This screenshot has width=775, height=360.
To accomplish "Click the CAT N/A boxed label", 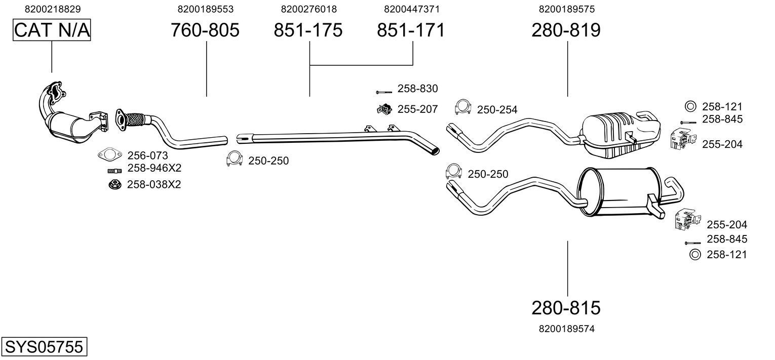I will [x=52, y=30].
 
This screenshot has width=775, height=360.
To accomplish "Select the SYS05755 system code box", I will [x=44, y=347].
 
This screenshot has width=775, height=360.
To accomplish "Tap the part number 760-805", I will [x=205, y=30].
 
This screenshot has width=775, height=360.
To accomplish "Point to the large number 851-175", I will [x=308, y=30].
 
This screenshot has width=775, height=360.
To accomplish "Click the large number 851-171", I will [x=411, y=30].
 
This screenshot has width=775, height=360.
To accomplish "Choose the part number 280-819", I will [x=566, y=30].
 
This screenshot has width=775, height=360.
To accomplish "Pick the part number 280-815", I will [x=566, y=307].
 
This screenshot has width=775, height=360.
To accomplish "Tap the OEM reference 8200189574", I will [x=566, y=329].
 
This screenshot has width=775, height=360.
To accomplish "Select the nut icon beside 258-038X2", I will [x=114, y=184].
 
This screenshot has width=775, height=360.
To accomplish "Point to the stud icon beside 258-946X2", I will [x=114, y=170].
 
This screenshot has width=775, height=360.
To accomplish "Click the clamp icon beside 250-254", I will [x=462, y=106].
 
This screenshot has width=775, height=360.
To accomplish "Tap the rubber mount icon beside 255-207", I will [x=384, y=108].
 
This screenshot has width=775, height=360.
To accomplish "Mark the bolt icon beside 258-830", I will [x=383, y=92].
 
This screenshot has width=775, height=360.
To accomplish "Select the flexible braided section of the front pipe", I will [x=135, y=119].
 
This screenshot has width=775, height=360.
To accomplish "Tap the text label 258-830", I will [x=417, y=89].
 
